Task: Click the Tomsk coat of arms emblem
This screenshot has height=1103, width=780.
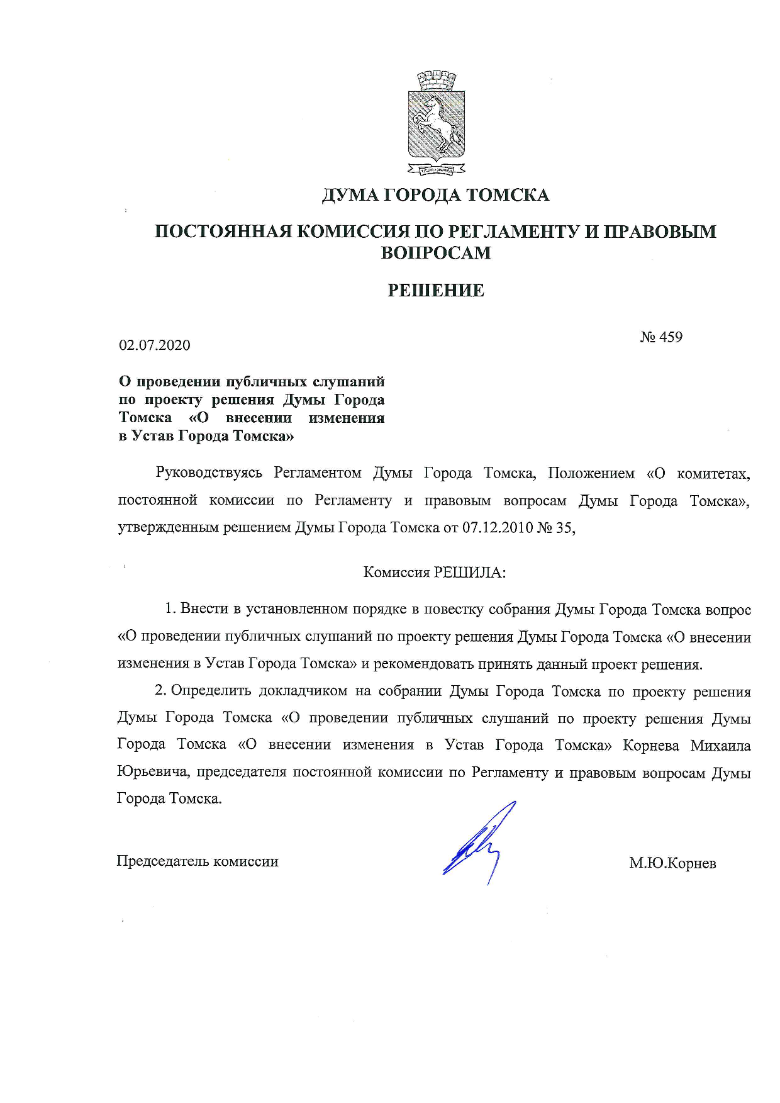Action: (436, 123)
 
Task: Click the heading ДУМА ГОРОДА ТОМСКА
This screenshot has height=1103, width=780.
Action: (435, 195)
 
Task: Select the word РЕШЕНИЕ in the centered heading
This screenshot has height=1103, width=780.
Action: (435, 290)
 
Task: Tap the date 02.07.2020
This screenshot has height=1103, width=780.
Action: (155, 345)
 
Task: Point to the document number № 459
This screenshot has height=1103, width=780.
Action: (661, 337)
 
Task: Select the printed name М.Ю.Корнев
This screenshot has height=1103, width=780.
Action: (672, 863)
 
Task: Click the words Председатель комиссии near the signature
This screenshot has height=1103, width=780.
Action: (198, 861)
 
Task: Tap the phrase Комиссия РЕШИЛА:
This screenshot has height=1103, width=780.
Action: (435, 572)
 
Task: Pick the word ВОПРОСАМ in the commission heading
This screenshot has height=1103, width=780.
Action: (436, 253)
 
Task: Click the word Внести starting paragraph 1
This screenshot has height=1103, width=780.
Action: (201, 608)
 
